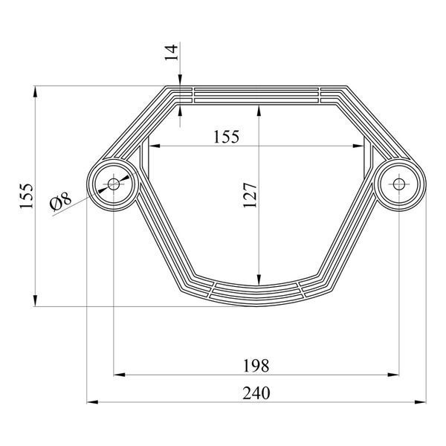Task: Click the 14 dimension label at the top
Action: tap(172, 53)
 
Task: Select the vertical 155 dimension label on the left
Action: tap(27, 196)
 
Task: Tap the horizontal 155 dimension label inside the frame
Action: tap(227, 137)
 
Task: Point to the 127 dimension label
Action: tap(250, 195)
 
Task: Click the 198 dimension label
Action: tap(256, 366)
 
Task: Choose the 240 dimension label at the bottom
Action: tap(256, 393)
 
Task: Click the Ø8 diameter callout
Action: tap(61, 201)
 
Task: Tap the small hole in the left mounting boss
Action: tap(114, 184)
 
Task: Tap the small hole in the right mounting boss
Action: tap(398, 184)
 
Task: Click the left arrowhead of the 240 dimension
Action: tap(92, 402)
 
